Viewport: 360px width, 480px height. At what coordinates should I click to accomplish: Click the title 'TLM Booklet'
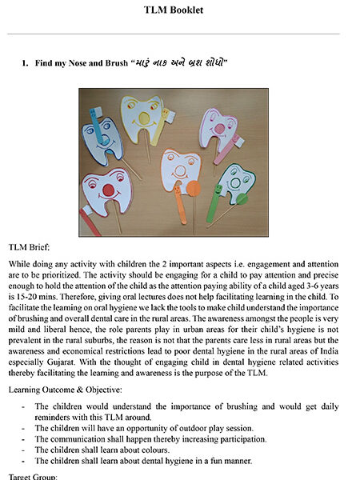[179, 10]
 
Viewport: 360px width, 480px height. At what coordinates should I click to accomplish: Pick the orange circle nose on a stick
[193, 190]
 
